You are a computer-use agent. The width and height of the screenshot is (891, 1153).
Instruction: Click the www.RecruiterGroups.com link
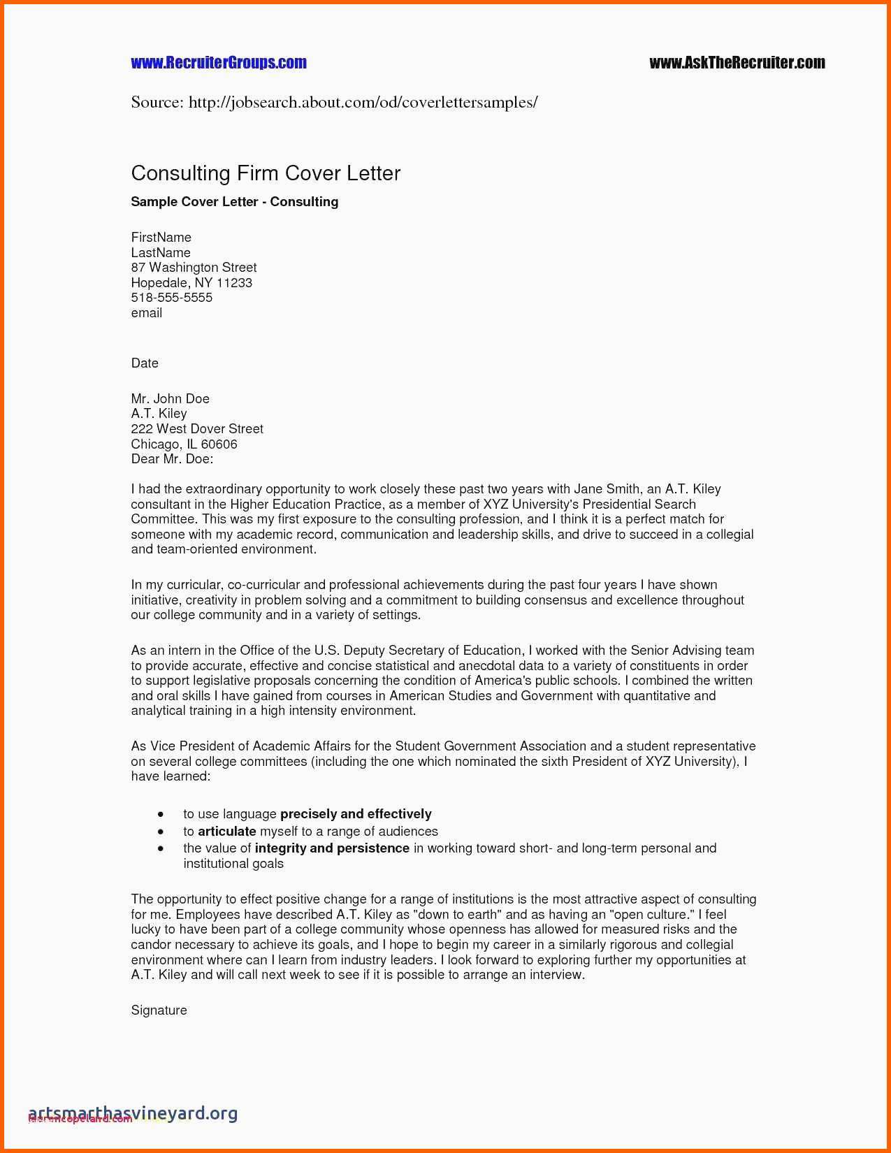pyautogui.click(x=219, y=63)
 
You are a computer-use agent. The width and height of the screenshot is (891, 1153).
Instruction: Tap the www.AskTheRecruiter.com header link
pyautogui.click(x=737, y=63)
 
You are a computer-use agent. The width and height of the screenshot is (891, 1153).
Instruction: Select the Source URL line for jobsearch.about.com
pyautogui.click(x=334, y=103)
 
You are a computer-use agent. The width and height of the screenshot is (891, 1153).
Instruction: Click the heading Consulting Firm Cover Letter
pyautogui.click(x=266, y=173)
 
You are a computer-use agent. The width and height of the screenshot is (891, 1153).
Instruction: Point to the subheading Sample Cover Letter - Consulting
pyautogui.click(x=235, y=202)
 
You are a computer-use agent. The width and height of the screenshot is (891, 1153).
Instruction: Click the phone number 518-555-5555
pyautogui.click(x=172, y=298)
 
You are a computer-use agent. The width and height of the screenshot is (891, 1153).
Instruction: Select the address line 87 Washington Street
pyautogui.click(x=194, y=268)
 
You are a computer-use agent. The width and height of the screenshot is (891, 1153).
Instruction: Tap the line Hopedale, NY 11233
pyautogui.click(x=191, y=283)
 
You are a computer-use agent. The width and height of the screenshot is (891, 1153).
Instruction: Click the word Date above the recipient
pyautogui.click(x=145, y=363)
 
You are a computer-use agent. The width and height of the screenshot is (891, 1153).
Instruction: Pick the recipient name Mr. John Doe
pyautogui.click(x=170, y=399)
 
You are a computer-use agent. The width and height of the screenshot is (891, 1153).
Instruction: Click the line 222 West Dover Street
pyautogui.click(x=197, y=429)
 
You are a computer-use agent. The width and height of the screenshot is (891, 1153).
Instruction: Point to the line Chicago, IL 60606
pyautogui.click(x=184, y=444)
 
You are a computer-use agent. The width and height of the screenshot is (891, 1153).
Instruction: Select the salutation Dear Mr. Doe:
pyautogui.click(x=172, y=459)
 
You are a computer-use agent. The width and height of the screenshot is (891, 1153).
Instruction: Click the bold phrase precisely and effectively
pyautogui.click(x=356, y=814)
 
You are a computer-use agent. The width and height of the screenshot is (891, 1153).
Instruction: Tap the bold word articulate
pyautogui.click(x=227, y=832)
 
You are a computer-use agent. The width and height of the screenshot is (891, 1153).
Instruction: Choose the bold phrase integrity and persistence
pyautogui.click(x=332, y=848)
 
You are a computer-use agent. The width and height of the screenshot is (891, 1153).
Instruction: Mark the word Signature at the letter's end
pyautogui.click(x=159, y=1010)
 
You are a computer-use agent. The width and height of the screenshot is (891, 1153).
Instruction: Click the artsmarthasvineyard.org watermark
pyautogui.click(x=133, y=1112)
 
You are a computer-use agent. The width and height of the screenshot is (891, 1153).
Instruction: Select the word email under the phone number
pyautogui.click(x=147, y=313)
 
